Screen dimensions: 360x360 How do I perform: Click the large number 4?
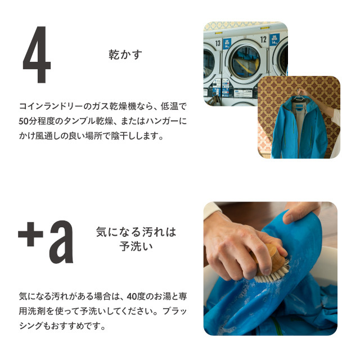pos(37,55)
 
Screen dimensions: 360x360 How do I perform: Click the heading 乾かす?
pos(125,55)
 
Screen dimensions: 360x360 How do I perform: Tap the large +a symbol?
pos(46,242)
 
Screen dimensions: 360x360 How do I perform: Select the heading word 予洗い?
pos(136,246)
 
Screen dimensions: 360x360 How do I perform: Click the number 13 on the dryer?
pos(218,43)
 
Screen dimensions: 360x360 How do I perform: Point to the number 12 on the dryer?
pos(263,39)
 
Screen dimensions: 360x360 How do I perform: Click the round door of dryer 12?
pos(245,61)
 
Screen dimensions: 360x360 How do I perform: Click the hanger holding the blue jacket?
pos(300,96)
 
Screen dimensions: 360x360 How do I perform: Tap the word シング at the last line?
pos(31,326)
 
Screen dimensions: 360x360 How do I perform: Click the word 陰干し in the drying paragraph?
pos(124,136)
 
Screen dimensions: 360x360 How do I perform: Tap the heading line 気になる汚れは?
pos(136,232)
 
